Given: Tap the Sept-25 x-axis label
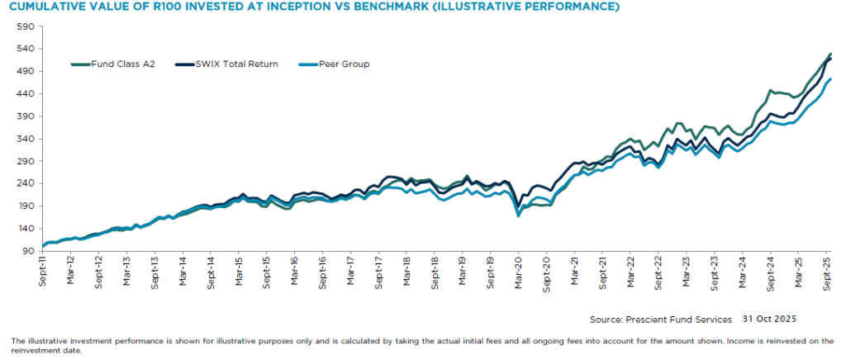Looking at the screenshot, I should pos(827,271).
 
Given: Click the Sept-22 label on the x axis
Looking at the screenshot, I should pos(658,271).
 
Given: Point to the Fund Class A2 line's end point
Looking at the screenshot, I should pos(830,54).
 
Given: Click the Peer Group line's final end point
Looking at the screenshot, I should pos(830,79).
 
